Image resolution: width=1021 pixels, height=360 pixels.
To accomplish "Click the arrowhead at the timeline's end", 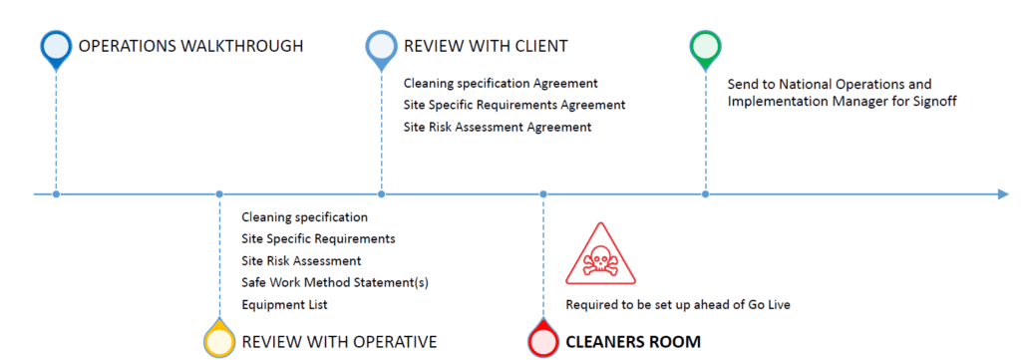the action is (x=1003, y=194).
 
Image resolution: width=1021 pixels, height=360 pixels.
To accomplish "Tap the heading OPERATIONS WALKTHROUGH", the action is (x=190, y=46).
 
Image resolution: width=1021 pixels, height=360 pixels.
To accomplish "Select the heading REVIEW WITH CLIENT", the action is (x=486, y=46).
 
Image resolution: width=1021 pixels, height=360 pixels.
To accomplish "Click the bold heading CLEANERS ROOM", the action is (x=633, y=342).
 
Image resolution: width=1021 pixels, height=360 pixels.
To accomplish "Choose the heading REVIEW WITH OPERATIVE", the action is (x=339, y=342).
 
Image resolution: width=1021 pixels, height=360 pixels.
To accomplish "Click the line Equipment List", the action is (x=284, y=305).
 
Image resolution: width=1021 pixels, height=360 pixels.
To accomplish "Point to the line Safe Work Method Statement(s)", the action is (x=335, y=282).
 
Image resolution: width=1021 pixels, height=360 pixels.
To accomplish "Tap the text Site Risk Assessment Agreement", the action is (x=498, y=127).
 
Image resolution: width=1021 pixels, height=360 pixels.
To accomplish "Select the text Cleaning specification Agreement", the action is (x=501, y=84).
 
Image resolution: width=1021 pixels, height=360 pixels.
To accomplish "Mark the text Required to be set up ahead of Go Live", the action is (x=678, y=305).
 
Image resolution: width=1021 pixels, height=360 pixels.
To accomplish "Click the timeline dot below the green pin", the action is (x=705, y=194).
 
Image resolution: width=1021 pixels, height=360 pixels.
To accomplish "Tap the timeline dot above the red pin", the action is (x=543, y=194).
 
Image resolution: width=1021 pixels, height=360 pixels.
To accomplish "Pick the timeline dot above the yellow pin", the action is (x=219, y=194).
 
